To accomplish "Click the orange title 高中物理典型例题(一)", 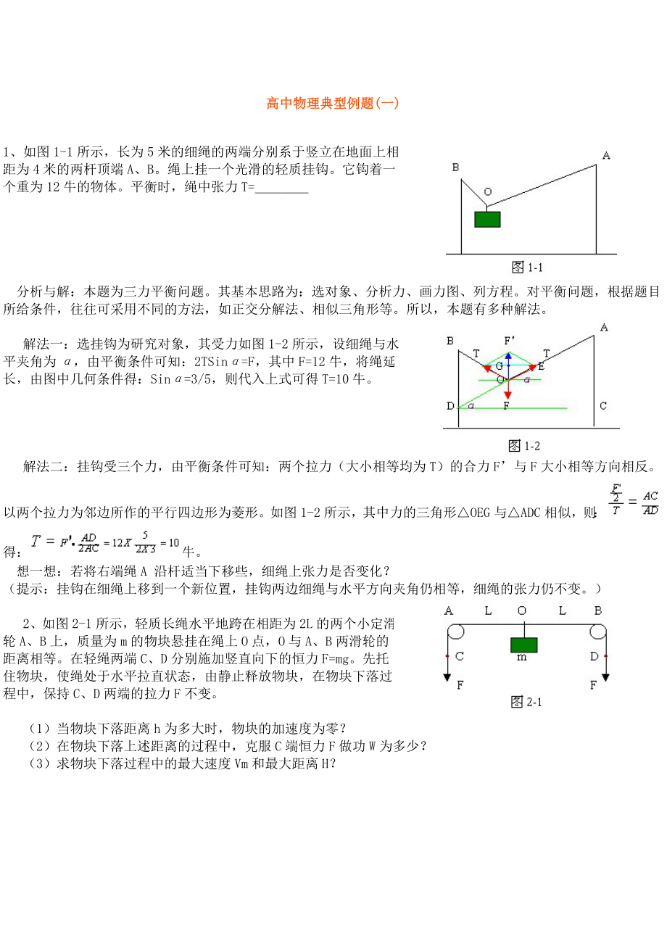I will [x=333, y=103].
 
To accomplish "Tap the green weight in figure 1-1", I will [x=487, y=219].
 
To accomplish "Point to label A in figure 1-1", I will [x=606, y=154].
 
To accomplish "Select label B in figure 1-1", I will [x=455, y=167].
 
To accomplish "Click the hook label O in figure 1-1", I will [x=487, y=192].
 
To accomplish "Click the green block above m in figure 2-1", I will [x=523, y=645].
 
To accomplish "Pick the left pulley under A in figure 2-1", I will [x=454, y=632].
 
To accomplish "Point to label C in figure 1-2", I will [x=603, y=406].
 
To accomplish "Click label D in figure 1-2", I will [x=450, y=406].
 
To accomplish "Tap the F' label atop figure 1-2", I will [x=510, y=339].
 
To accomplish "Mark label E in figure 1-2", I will [x=541, y=367].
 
